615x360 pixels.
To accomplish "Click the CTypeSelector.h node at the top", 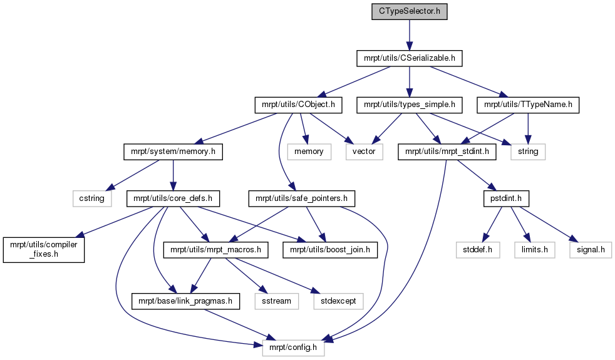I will [x=409, y=12].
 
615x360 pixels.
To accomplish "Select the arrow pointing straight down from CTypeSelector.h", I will [x=409, y=35].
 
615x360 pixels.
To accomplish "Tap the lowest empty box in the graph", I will [x=293, y=348].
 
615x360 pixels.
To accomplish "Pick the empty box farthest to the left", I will [x=92, y=198].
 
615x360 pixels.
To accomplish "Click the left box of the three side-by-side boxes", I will [x=478, y=250].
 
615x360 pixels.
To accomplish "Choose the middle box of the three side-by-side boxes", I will [x=535, y=250].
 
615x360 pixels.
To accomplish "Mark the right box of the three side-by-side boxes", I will [x=591, y=250].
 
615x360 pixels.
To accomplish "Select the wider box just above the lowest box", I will [x=338, y=301].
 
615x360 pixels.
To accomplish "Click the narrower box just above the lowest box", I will [x=277, y=301].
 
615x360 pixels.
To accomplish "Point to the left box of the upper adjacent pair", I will [x=309, y=152].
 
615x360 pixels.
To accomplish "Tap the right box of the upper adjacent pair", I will [x=364, y=152].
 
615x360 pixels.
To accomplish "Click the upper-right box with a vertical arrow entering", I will [x=528, y=152].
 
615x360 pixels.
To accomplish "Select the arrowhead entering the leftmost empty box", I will [x=109, y=187].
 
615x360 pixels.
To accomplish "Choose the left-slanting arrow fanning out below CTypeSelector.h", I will [x=354, y=82].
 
